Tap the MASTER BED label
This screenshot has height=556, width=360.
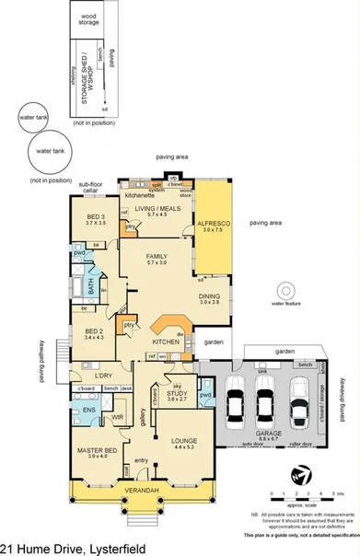97,450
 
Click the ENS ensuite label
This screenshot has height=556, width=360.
89,409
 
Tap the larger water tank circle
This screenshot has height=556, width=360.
51,153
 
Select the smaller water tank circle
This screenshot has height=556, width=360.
35,118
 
